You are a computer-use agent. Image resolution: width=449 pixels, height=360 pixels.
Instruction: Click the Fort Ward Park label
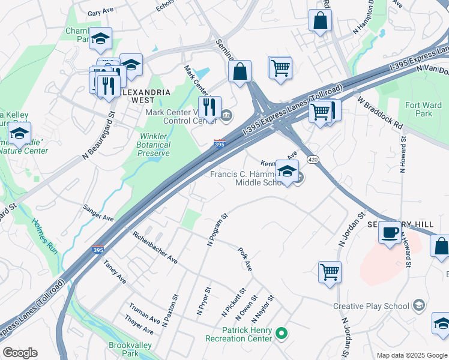coord(423,109)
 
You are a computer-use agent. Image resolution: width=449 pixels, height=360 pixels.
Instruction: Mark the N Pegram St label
coord(217,230)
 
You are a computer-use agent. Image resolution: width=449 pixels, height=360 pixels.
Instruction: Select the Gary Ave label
coord(100,13)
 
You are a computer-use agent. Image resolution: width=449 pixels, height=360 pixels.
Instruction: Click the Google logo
coord(20,353)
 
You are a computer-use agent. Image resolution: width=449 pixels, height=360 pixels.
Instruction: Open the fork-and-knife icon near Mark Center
coord(209,107)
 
